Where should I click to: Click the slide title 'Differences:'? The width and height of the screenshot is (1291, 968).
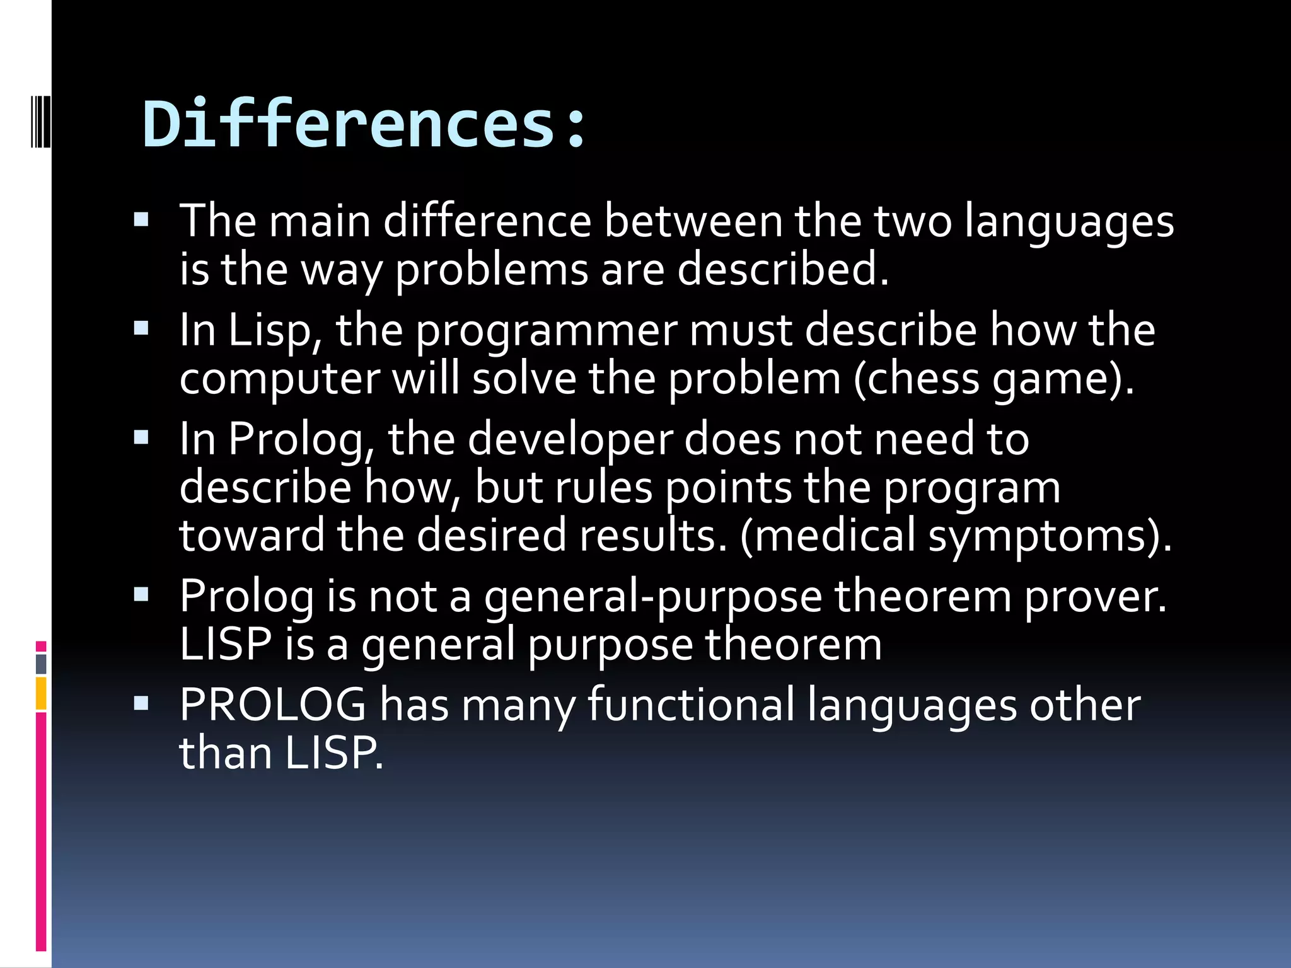(x=364, y=124)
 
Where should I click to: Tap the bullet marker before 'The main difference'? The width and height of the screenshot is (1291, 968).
(x=141, y=219)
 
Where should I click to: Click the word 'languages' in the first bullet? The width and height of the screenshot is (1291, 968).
(x=1069, y=224)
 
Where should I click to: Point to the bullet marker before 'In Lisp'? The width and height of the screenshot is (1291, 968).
(x=141, y=328)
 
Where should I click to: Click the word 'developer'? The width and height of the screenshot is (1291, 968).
(x=570, y=440)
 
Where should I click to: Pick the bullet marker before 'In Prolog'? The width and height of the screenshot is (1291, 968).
(x=141, y=437)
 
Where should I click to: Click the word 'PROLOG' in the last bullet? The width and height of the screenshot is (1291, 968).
(x=272, y=705)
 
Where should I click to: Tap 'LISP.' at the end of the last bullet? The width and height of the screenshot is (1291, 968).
(x=333, y=753)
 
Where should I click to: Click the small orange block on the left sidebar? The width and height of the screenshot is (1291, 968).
(x=41, y=693)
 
